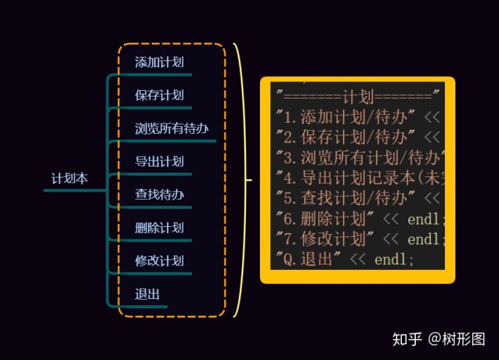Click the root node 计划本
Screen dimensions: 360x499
(70, 178)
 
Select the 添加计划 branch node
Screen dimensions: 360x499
(159, 62)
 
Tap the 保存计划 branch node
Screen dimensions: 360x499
(159, 96)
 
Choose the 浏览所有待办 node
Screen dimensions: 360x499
(172, 128)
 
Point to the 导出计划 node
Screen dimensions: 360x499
(159, 162)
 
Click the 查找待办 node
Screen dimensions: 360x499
(159, 195)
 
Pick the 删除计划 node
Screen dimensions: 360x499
(159, 228)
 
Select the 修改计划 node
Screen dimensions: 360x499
(159, 261)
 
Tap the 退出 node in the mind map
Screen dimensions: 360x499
(148, 294)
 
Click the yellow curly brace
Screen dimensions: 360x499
(240, 180)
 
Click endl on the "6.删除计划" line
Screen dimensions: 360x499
(423, 219)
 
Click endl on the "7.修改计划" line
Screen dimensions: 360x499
(423, 240)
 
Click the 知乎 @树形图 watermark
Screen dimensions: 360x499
(439, 339)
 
